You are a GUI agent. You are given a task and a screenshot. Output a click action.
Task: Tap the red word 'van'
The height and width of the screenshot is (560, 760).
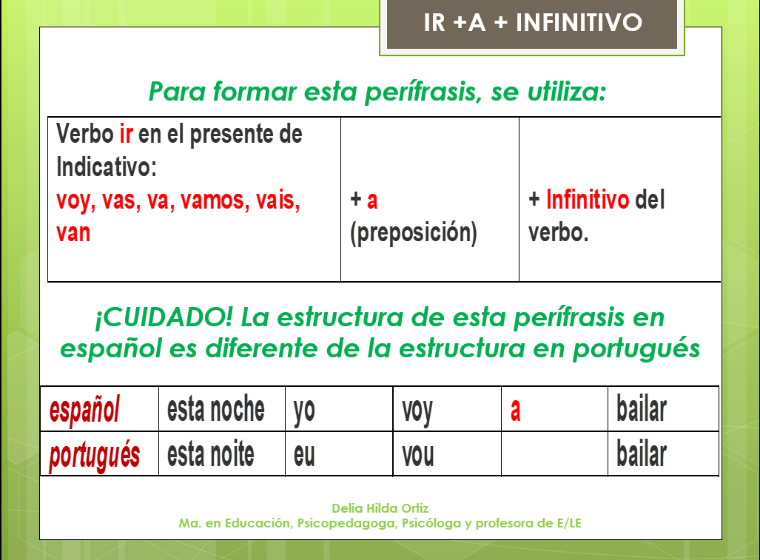[x=73, y=233]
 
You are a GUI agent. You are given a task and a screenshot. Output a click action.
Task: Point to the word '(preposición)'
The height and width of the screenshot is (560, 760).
[x=413, y=233]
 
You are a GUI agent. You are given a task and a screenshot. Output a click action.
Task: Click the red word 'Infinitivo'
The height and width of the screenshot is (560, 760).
[x=588, y=200]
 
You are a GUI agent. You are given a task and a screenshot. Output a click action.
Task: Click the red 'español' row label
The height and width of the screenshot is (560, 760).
[x=84, y=409]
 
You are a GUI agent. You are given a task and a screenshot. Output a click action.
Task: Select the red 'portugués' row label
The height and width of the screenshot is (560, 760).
[x=94, y=454]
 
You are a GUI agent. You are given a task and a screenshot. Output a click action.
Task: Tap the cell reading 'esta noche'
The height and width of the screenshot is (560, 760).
[x=215, y=409]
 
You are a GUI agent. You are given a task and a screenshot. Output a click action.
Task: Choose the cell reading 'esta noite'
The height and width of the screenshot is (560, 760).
[x=210, y=454]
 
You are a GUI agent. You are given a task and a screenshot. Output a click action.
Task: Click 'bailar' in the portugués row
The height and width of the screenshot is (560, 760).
[x=642, y=454]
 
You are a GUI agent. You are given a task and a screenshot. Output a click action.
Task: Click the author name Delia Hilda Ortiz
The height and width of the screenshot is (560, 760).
[x=380, y=508]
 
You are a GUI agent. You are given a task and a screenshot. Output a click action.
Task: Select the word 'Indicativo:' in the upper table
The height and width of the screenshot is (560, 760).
[x=107, y=167]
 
